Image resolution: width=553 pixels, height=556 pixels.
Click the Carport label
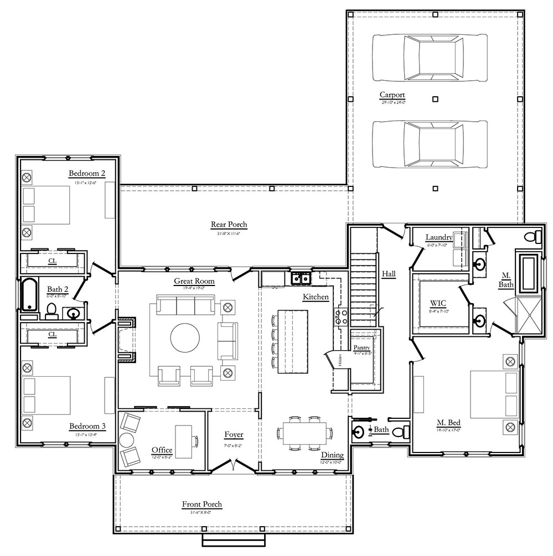click(x=392, y=95)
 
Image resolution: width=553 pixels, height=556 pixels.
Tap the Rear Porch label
click(x=229, y=225)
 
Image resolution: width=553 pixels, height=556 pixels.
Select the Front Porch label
click(x=202, y=504)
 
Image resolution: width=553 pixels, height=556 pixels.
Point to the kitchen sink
click(x=301, y=278)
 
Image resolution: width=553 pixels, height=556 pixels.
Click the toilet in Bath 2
click(x=51, y=311)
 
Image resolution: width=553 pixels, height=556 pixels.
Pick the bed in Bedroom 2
click(x=45, y=205)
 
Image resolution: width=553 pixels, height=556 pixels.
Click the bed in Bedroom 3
click(x=45, y=395)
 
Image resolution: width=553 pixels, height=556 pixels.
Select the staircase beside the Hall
click(x=364, y=289)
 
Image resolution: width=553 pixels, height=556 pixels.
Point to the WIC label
click(x=438, y=304)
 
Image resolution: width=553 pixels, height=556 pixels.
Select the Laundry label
click(x=438, y=238)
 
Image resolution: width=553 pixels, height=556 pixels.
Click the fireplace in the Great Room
click(x=126, y=339)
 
